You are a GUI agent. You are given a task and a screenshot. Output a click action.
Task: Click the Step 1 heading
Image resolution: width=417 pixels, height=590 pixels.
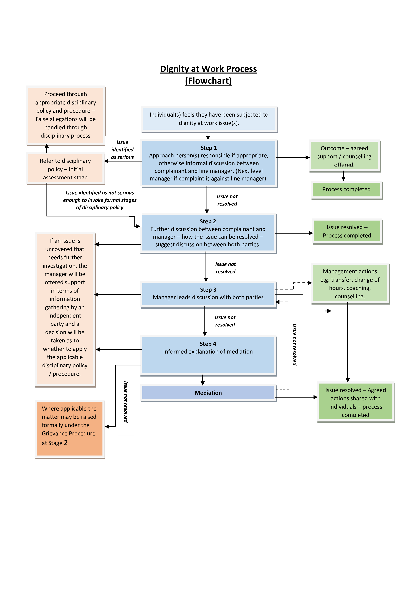[x=208, y=148]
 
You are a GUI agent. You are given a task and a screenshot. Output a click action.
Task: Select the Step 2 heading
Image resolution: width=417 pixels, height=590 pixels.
[x=208, y=221]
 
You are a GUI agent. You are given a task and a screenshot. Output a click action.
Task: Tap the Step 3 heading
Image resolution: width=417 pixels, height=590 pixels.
[x=208, y=290]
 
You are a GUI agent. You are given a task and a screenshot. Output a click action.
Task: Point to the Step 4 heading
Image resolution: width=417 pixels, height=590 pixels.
[x=208, y=344]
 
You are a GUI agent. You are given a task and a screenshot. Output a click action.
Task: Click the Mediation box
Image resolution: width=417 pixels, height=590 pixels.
[x=208, y=393]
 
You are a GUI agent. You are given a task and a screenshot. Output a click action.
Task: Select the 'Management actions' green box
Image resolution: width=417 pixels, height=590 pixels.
[x=350, y=283]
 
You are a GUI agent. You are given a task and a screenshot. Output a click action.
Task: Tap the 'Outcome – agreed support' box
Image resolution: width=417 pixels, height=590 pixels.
[x=344, y=155]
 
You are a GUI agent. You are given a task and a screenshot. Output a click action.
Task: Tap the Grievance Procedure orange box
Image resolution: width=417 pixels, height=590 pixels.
[x=69, y=428]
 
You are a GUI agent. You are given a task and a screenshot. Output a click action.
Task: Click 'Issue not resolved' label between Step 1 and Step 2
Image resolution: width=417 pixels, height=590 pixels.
[x=227, y=200]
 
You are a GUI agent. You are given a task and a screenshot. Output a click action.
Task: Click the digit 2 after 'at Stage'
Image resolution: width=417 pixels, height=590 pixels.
[x=66, y=442]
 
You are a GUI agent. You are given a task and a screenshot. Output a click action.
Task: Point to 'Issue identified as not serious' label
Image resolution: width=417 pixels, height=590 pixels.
[x=100, y=200]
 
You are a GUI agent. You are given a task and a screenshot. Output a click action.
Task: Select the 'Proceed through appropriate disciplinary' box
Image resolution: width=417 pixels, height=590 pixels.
[x=66, y=115]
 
